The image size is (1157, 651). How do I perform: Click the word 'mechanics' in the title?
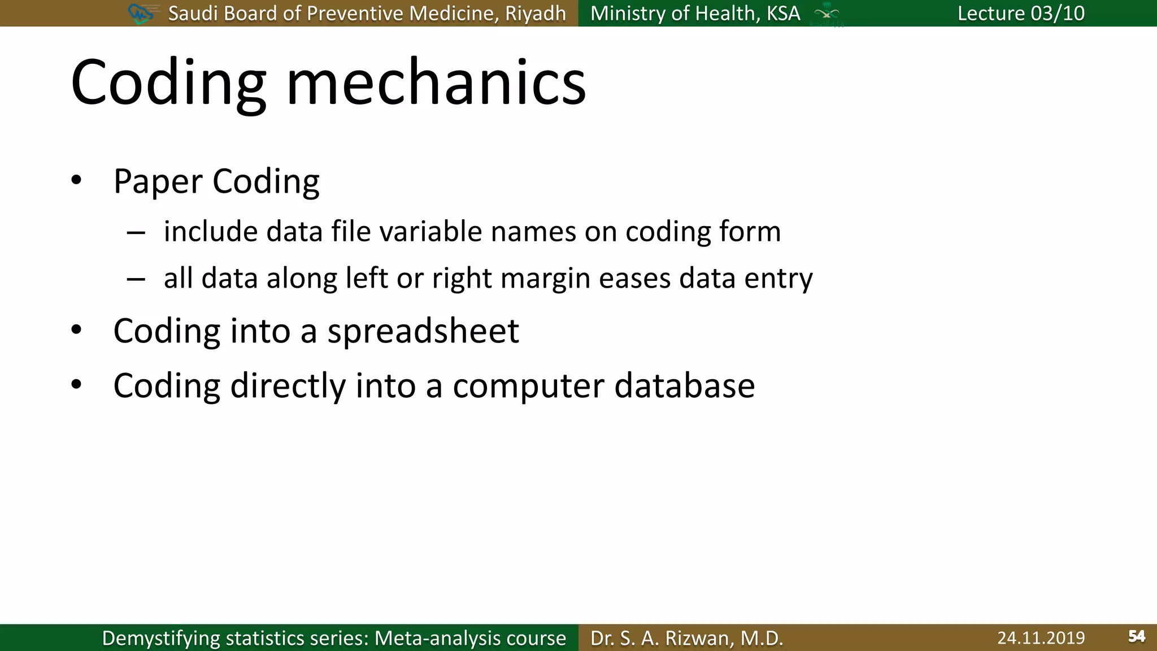coord(436,83)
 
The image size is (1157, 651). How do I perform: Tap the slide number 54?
coord(1137,637)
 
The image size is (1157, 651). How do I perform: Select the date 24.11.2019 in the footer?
coord(1041,638)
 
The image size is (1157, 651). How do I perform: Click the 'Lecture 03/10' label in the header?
coord(1021,13)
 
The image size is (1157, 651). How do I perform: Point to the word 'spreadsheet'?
coord(423,331)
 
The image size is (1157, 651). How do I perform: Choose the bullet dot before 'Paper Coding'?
coord(76,181)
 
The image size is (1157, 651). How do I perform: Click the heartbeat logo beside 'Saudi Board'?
coord(141,14)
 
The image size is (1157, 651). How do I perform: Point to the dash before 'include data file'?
coord(136,232)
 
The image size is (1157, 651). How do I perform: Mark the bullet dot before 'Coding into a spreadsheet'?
coord(76,330)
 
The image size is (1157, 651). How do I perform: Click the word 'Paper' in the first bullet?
coord(158,182)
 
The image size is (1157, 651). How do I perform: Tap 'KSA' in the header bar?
coord(783,14)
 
